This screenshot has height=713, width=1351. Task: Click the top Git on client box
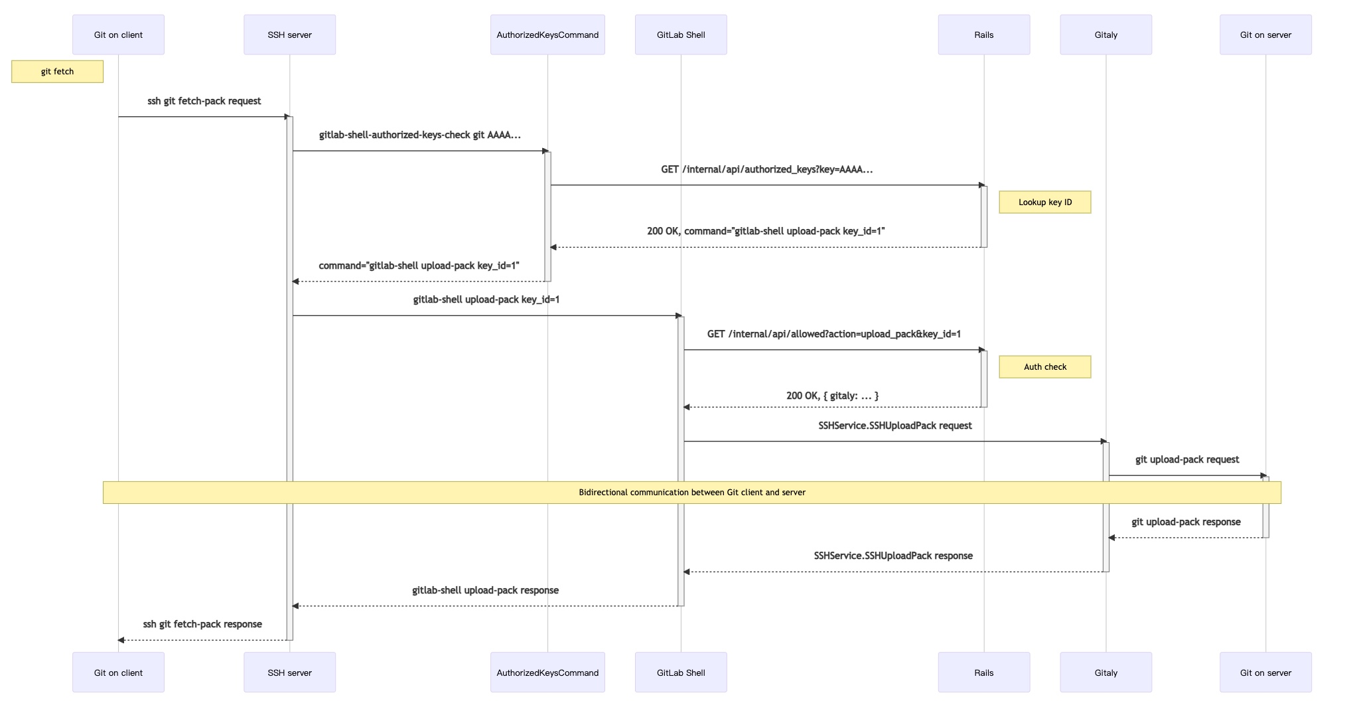click(x=118, y=35)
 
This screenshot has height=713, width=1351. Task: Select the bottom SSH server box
click(x=289, y=672)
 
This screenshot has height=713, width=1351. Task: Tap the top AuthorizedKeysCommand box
click(x=547, y=35)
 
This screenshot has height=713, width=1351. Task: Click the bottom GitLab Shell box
click(x=681, y=672)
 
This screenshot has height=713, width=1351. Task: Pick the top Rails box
click(x=983, y=35)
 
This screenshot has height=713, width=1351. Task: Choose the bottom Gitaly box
click(x=1105, y=672)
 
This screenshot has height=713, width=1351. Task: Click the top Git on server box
click(x=1265, y=35)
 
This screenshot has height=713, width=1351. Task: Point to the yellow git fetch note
click(x=57, y=72)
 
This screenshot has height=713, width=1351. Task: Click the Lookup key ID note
click(x=1045, y=202)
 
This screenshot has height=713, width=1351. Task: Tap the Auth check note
click(x=1045, y=366)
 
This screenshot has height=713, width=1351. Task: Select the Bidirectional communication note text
click(x=692, y=493)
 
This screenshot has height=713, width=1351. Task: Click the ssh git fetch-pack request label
click(x=204, y=101)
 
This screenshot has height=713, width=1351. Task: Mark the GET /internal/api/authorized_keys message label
click(x=766, y=169)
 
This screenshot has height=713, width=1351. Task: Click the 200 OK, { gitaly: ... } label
click(x=832, y=396)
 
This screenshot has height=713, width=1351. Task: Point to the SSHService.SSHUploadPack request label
click(x=894, y=426)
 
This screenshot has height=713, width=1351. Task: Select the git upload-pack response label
click(x=1186, y=522)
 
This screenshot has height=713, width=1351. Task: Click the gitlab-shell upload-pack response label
click(x=485, y=590)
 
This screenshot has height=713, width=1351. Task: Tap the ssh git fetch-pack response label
click(x=202, y=624)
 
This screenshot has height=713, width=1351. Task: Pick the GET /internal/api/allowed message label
click(x=833, y=334)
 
